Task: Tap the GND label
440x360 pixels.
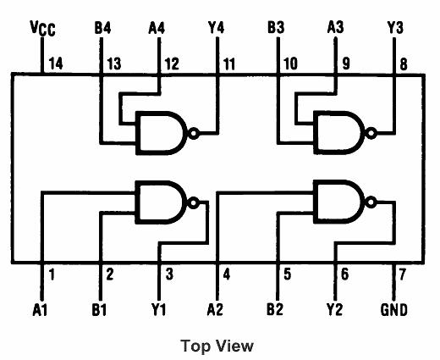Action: [x=393, y=310]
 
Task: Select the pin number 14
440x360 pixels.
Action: [x=56, y=64]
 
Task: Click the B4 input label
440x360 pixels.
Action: [x=102, y=28]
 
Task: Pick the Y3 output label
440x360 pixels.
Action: [x=394, y=28]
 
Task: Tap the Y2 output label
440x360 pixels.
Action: [x=335, y=310]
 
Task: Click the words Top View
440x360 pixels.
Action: [x=217, y=345]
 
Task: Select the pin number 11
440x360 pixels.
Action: [x=229, y=64]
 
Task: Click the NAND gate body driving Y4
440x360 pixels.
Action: [x=162, y=133]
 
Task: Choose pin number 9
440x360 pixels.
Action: [x=346, y=64]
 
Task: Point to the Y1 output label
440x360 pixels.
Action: [x=158, y=310]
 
